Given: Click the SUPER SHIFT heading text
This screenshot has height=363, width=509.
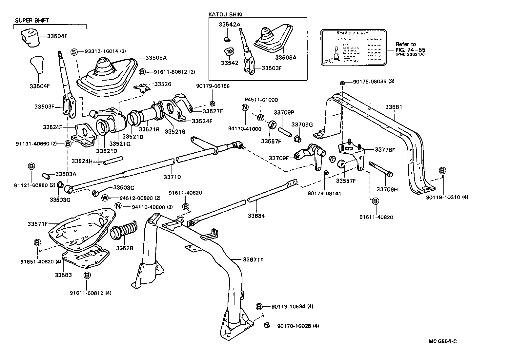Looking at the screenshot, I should pyautogui.click(x=32, y=20).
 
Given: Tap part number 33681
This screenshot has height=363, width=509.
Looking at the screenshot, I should pyautogui.click(x=393, y=107).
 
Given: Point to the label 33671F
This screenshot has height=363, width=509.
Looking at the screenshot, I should pyautogui.click(x=253, y=260).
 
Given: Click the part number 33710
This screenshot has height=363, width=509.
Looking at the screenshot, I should pyautogui.click(x=172, y=177).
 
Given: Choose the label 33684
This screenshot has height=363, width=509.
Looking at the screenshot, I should pyautogui.click(x=256, y=216).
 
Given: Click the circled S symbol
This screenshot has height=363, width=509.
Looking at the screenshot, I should pyautogui.click(x=74, y=51).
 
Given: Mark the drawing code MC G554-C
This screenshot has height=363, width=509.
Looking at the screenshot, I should pyautogui.click(x=442, y=341).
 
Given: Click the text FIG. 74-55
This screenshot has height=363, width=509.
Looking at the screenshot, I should pyautogui.click(x=410, y=50).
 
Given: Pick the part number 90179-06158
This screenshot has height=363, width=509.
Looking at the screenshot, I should pyautogui.click(x=213, y=86).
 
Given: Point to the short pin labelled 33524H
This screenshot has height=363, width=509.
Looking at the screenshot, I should pyautogui.click(x=112, y=161).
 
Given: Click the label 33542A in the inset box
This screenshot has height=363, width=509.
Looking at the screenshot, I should pyautogui.click(x=230, y=24).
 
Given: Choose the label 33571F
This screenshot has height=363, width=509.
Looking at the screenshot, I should pyautogui.click(x=38, y=224).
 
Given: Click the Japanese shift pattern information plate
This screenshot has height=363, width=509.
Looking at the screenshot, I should pyautogui.click(x=353, y=47).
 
